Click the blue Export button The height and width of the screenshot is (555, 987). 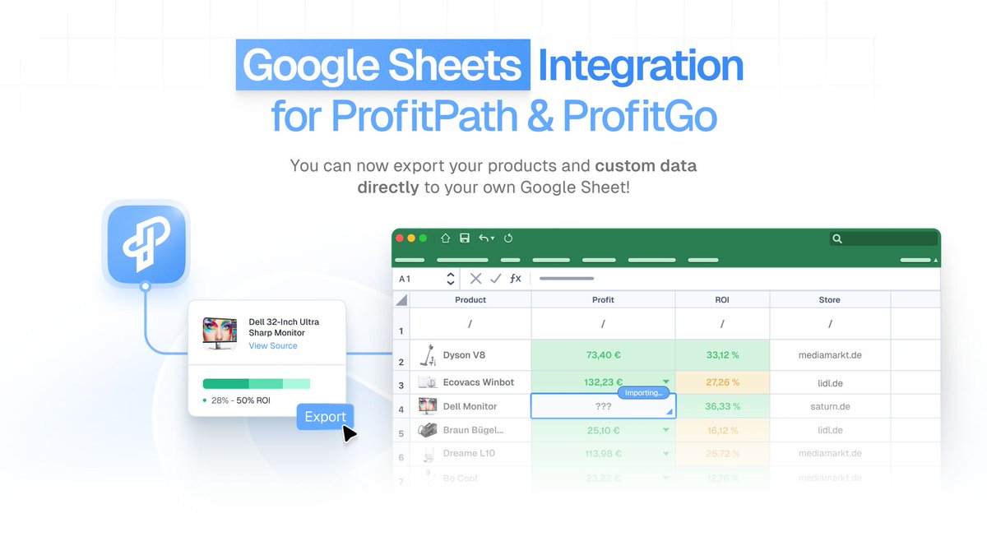point(325,417)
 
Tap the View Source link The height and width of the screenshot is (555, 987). point(273,346)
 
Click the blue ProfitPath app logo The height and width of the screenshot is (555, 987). point(146,244)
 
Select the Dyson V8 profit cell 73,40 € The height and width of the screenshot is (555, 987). point(603,355)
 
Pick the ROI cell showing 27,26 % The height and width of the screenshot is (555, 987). point(722,382)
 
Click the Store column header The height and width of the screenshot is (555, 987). point(829,300)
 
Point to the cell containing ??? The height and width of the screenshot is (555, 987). point(603,406)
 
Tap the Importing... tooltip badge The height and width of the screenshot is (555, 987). point(643,393)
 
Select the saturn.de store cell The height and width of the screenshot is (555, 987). point(829,406)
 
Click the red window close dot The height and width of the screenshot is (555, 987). point(400,238)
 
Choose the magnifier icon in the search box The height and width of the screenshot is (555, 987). point(837,239)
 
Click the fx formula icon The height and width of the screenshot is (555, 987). point(515,279)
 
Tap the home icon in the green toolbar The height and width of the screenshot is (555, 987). point(445,238)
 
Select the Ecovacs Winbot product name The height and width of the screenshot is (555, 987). point(478,382)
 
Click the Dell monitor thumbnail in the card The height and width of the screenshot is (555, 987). point(220,333)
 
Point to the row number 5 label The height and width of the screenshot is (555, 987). point(401,433)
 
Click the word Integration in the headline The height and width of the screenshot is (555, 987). point(640,66)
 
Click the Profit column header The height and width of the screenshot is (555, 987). point(603,300)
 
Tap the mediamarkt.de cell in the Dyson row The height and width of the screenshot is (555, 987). point(829,355)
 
